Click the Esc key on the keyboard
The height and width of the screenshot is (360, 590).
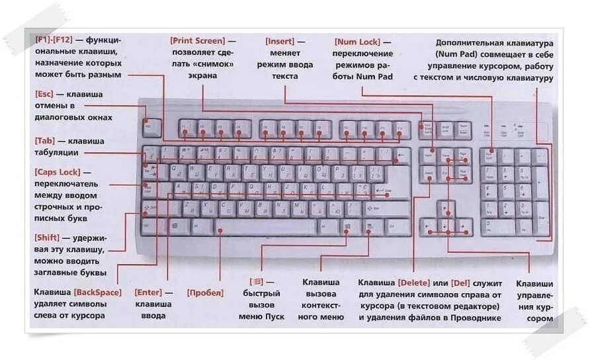[151, 126]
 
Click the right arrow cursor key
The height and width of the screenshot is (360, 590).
[465, 227]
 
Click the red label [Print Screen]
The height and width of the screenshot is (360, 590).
[197, 41]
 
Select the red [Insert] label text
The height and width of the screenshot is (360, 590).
[280, 41]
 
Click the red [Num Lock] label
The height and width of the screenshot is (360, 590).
[357, 41]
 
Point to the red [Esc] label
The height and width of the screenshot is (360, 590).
[44, 94]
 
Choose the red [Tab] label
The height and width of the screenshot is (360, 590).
[45, 141]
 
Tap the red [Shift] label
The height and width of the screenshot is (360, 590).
[48, 237]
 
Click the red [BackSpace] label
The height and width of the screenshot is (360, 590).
[98, 292]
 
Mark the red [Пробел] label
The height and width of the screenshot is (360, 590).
[205, 292]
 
